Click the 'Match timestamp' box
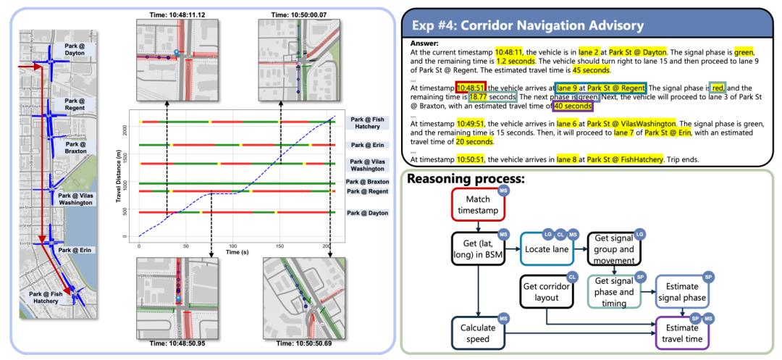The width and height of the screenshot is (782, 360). (477, 204)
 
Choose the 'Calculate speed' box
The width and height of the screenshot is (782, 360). (477, 332)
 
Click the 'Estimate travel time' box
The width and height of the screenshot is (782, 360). (682, 332)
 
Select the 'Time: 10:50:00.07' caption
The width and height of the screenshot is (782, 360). (298, 14)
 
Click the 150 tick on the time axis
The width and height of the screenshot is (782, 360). (280, 246)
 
